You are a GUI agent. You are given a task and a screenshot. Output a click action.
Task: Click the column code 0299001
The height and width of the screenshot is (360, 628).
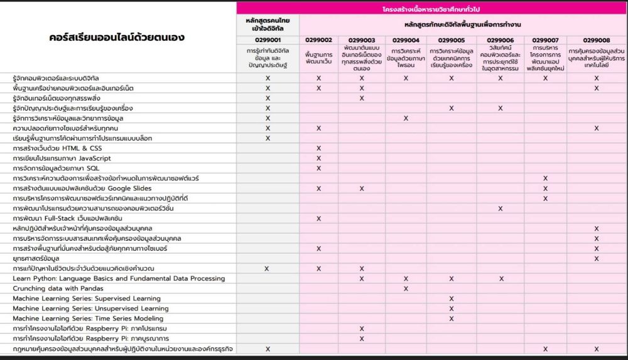pos(268,40)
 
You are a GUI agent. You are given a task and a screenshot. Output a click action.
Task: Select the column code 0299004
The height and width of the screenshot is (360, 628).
pos(406,40)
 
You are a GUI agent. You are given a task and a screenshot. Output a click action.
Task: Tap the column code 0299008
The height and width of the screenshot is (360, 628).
pos(597,40)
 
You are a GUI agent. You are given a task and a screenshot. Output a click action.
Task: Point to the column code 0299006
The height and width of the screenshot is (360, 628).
pos(501,40)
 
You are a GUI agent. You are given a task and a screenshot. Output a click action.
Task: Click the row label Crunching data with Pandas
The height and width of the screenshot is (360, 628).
pos(58,288)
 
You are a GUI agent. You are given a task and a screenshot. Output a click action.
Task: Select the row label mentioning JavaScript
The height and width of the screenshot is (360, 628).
pos(62,158)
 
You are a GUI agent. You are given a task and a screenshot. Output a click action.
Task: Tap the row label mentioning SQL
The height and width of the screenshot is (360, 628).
pos(56,168)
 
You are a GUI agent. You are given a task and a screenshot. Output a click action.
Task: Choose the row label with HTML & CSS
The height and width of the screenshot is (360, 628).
pos(57,148)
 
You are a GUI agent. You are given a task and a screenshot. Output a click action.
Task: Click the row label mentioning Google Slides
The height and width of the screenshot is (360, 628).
pos(82,188)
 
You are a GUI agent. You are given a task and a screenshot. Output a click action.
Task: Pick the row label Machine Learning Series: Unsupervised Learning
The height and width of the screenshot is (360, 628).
pos(90,308)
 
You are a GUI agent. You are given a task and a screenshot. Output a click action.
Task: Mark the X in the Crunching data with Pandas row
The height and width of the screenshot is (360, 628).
pos(406,288)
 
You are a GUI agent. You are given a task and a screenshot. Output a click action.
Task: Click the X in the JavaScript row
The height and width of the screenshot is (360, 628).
pos(318,158)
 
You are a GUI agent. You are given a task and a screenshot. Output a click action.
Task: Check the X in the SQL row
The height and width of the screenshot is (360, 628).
pos(318,168)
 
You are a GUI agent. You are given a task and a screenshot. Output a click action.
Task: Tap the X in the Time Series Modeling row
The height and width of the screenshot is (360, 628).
pos(452,319)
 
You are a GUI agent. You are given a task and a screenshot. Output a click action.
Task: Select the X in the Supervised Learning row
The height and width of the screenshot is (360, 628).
pos(452,298)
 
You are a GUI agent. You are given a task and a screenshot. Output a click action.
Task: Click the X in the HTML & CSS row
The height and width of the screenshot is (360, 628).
pos(318,148)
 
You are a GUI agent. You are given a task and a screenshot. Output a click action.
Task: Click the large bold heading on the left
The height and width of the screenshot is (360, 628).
pos(117,38)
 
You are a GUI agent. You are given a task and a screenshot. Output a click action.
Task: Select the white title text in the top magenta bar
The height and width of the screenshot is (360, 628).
pos(432,9)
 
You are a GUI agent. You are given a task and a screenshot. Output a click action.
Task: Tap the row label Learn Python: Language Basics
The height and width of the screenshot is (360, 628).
pos(119,278)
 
